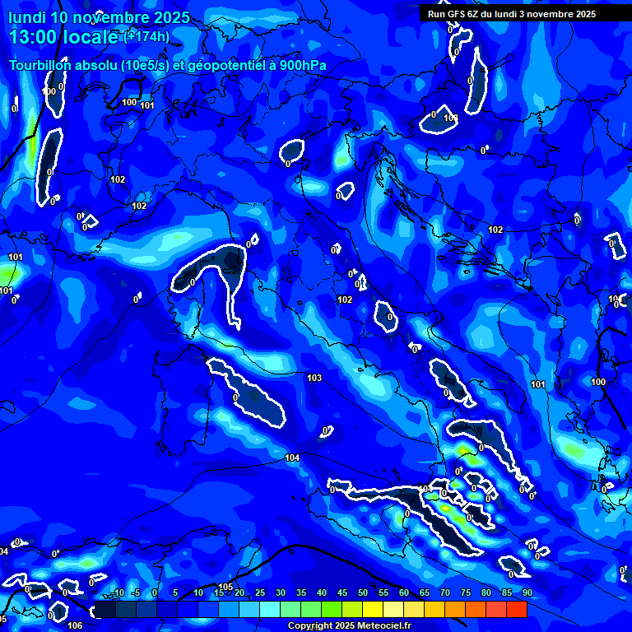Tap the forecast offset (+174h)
point(146,37)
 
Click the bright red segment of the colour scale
point(517,608)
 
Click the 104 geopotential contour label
point(292,458)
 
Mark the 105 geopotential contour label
point(227,587)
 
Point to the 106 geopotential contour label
point(75,625)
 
